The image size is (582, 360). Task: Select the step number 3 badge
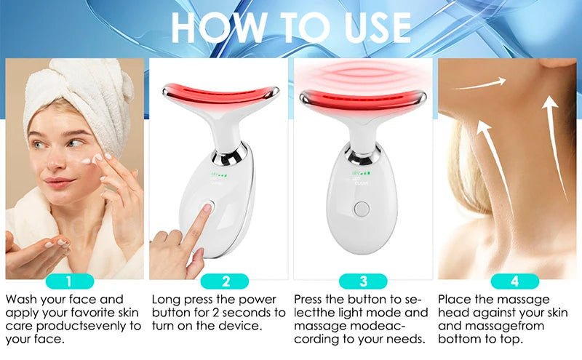363,281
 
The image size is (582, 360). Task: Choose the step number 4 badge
514,281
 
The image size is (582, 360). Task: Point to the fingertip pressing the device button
207,209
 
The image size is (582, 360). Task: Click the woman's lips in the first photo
60,182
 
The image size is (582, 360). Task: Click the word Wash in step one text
23,299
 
